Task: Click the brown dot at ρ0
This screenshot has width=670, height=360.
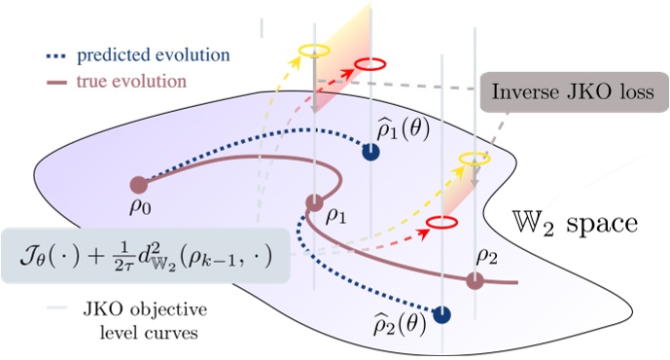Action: point(138,183)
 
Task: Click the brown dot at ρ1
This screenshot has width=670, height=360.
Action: point(314,202)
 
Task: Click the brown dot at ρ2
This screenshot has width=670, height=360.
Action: point(475,281)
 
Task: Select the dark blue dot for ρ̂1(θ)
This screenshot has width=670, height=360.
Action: point(370,152)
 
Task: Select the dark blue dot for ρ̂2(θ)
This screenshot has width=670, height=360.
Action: point(442,314)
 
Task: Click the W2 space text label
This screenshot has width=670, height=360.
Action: point(574,225)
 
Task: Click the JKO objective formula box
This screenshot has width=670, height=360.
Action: point(146,256)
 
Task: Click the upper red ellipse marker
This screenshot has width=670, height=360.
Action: point(370,64)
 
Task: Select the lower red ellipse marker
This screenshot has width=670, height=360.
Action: point(442,223)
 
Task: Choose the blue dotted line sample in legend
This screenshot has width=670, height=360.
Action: point(66,51)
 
